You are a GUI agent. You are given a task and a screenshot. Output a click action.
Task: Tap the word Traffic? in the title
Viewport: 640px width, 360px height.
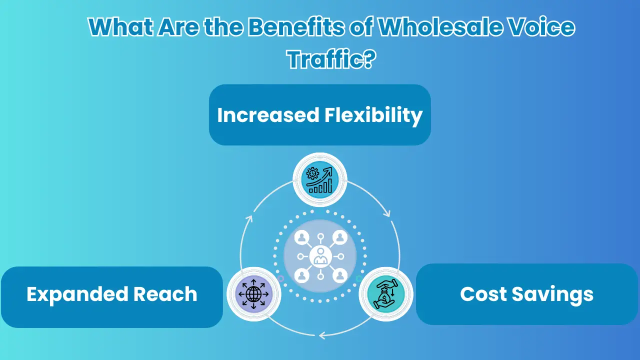(331, 60)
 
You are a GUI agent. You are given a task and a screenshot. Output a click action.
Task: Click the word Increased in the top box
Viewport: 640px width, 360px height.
(268, 115)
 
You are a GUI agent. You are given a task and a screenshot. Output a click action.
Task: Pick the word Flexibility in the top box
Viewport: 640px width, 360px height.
(373, 115)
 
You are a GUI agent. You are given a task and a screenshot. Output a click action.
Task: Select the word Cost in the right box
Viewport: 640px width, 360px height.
(482, 294)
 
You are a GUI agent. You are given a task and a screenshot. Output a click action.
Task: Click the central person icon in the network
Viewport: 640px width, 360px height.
(320, 257)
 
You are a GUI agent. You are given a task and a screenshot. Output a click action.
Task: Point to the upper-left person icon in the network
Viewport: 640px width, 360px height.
(301, 237)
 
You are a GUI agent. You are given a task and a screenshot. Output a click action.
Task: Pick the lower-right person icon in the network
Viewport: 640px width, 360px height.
(339, 275)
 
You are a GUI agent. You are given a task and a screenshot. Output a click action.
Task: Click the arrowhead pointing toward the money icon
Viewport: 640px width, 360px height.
(386, 213)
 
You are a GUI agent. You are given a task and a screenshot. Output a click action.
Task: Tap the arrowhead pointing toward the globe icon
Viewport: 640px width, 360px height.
(322, 334)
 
